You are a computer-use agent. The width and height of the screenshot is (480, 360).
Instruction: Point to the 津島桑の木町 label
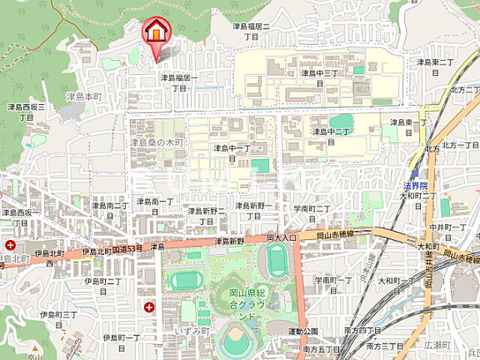pos(157,142)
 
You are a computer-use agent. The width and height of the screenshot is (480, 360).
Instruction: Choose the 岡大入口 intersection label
pos(282,237)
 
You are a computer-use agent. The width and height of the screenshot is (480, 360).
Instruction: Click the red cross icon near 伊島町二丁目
pos(148,307)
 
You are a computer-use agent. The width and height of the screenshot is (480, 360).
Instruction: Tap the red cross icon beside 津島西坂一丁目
pos(10,245)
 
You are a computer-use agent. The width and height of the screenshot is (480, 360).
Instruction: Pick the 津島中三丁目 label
pos(320,78)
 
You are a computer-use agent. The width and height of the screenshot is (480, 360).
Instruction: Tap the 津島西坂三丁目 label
pos(26,112)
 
